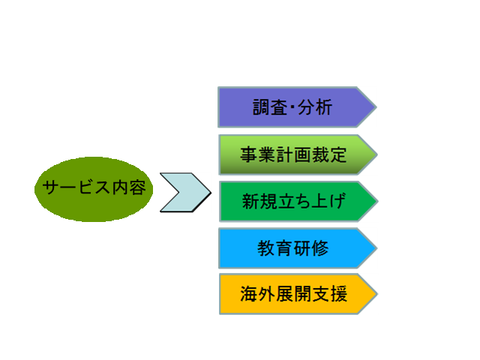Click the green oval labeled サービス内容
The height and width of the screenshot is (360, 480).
click(x=94, y=189)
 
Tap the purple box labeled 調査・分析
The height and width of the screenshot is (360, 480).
click(x=297, y=107)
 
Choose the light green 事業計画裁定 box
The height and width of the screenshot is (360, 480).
click(x=298, y=154)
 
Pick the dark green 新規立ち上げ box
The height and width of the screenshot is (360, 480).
click(x=298, y=202)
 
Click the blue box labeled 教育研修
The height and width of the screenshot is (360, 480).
click(x=298, y=248)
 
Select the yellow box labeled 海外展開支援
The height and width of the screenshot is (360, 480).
click(x=298, y=294)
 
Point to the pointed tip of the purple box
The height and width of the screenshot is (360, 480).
click(x=376, y=107)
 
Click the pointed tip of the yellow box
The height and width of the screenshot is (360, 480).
click(x=378, y=294)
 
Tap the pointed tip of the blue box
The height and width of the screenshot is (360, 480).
click(x=377, y=248)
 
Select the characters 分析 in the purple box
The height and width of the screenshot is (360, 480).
click(x=315, y=107)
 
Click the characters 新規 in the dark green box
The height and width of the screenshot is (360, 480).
click(x=259, y=201)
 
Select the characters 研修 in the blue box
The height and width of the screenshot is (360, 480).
click(x=311, y=248)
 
